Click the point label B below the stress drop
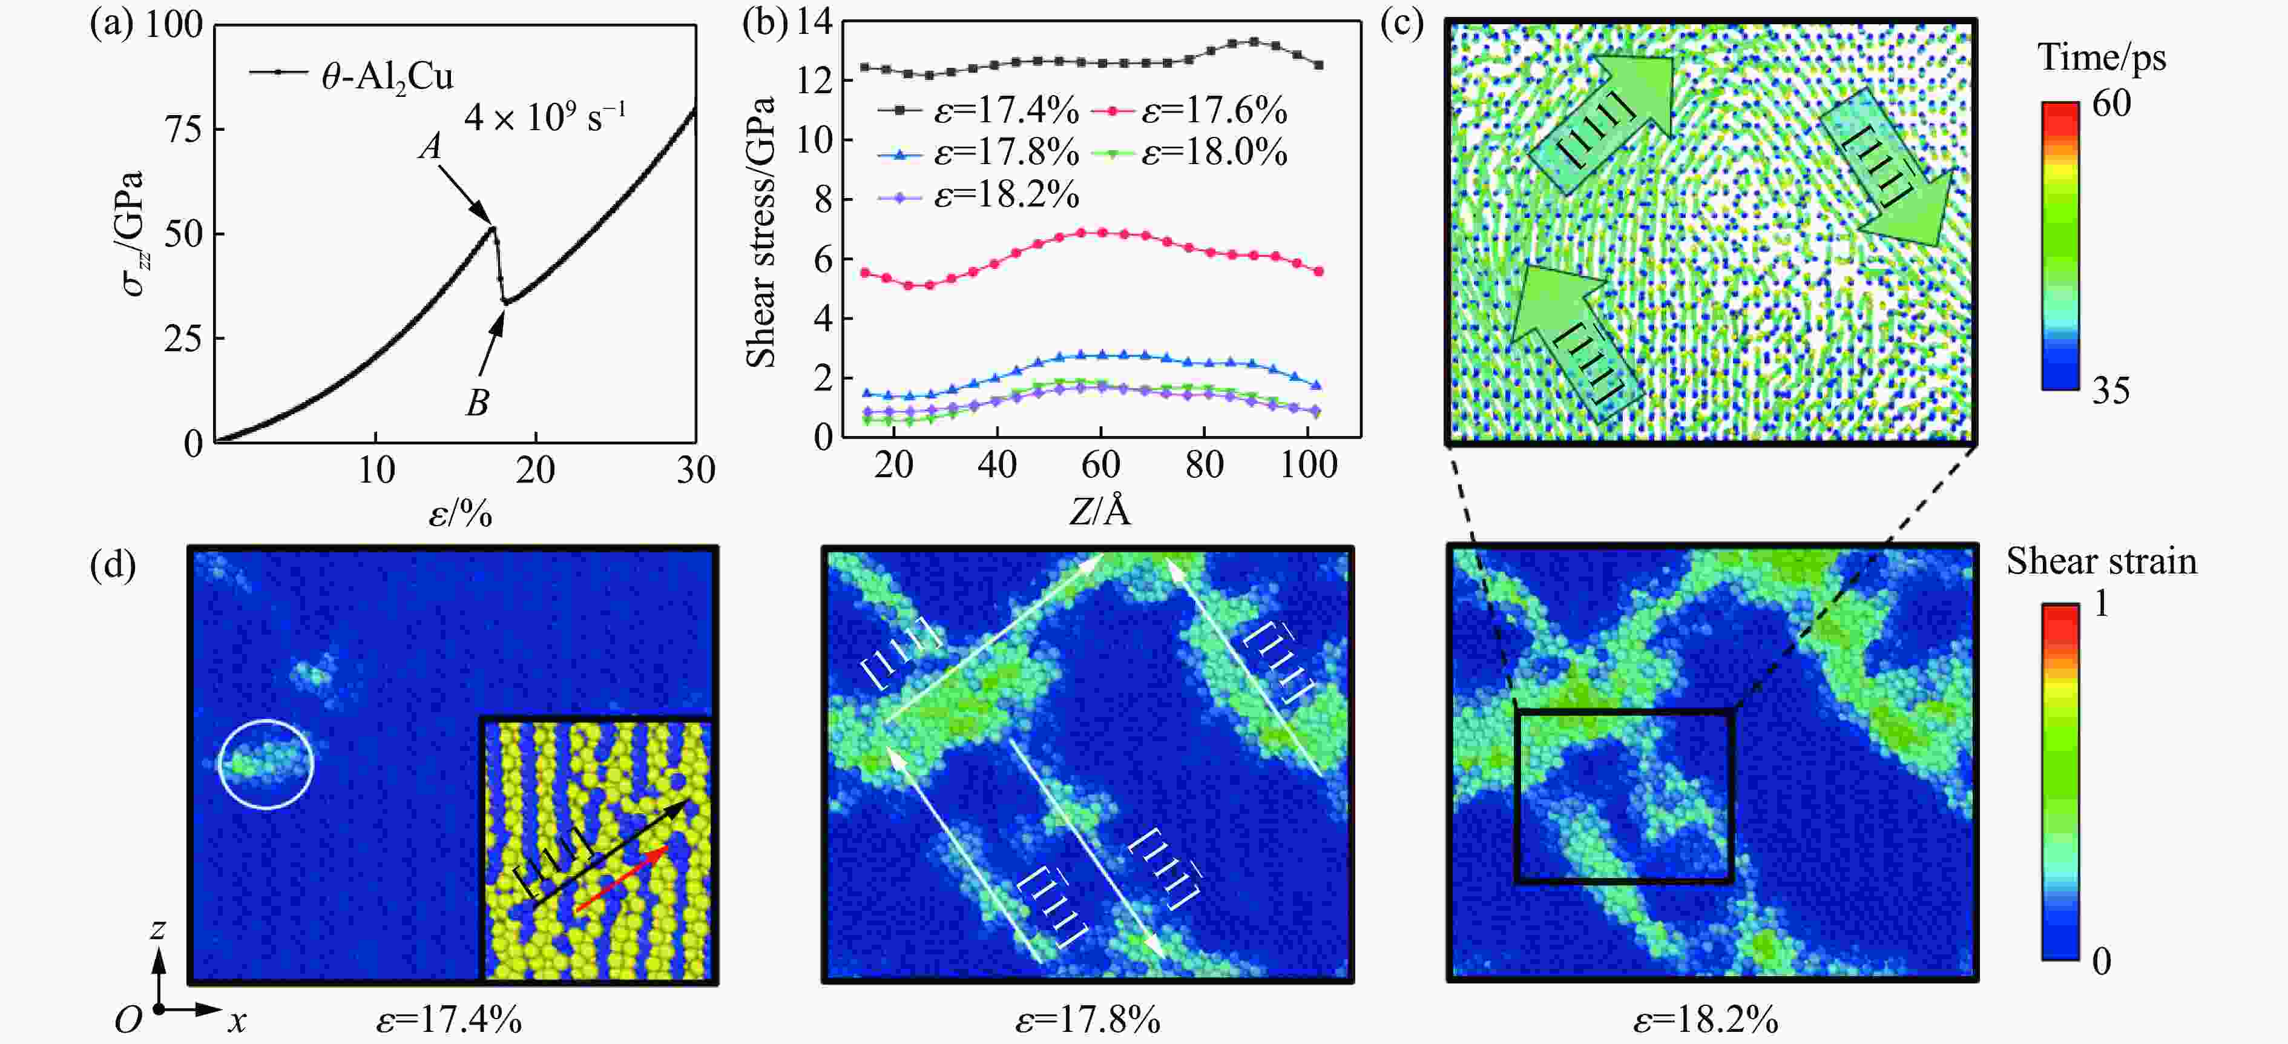point(477,403)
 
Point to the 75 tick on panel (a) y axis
point(184,130)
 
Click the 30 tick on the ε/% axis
point(695,470)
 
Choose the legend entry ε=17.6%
point(1213,111)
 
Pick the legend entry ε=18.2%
point(1005,194)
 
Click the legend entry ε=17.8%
point(1005,153)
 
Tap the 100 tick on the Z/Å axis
point(1307,464)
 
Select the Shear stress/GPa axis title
point(761,231)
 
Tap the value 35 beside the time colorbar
point(2111,391)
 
